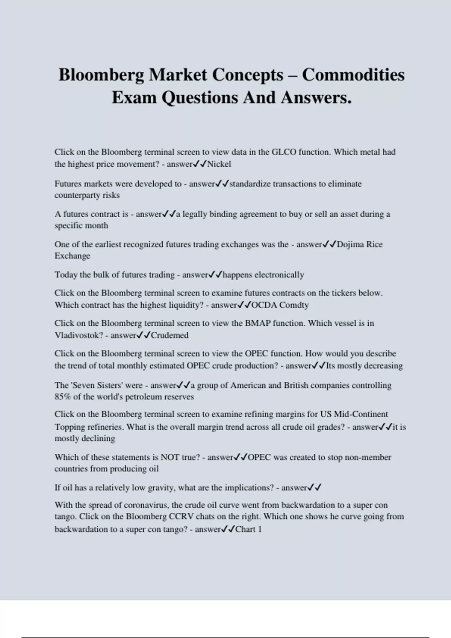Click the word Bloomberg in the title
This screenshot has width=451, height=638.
tap(101, 75)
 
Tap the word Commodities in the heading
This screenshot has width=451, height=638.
tap(353, 75)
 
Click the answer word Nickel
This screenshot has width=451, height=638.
tap(219, 164)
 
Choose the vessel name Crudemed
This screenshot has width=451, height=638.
tap(170, 335)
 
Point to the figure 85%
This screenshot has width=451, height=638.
tap(63, 397)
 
